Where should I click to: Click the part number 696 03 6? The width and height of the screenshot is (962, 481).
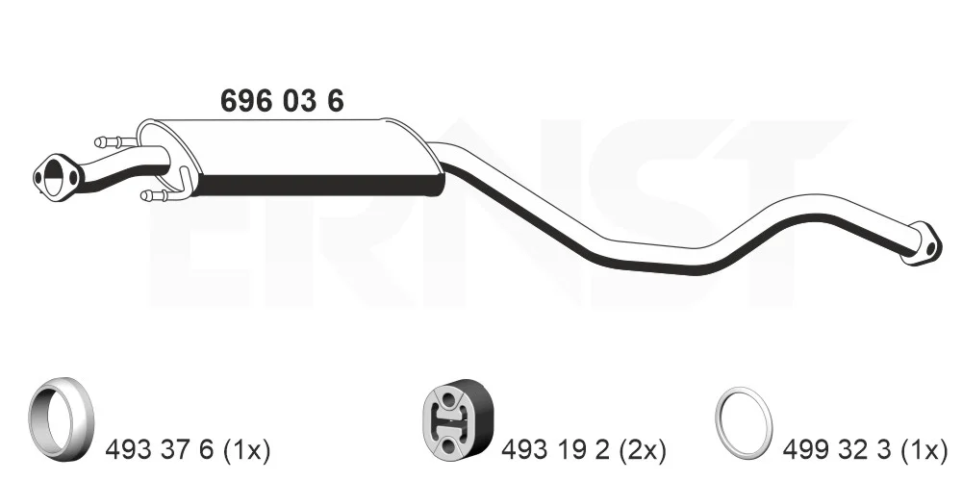coord(282,101)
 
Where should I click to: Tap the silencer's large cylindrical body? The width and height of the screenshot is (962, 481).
coord(290,157)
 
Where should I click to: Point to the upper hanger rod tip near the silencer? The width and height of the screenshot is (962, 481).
coord(100,142)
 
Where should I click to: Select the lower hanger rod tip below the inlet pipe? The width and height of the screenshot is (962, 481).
coord(146,195)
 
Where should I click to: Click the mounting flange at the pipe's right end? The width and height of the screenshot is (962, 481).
coord(922,243)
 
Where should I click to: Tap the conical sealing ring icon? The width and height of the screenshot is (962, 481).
coord(61,418)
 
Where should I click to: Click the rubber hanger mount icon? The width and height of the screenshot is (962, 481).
coord(458,418)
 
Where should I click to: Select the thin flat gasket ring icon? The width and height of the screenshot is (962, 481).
coord(744,422)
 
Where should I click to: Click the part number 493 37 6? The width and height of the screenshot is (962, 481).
coord(160,451)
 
